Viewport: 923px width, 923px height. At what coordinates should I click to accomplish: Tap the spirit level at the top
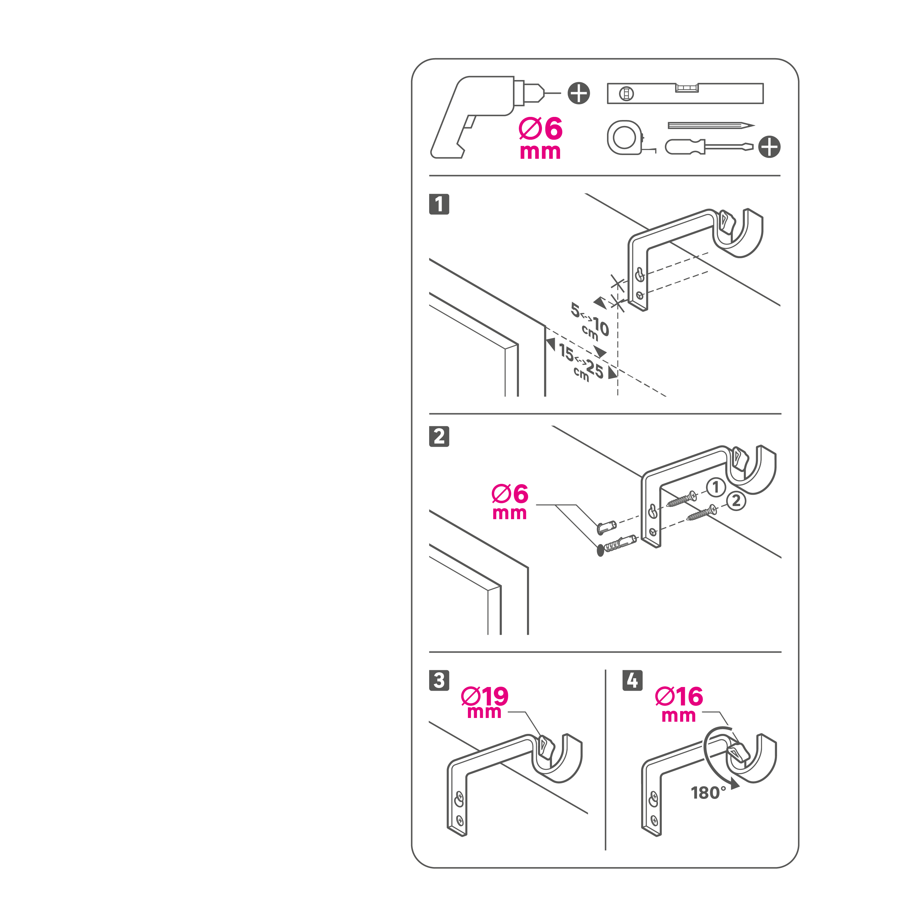(x=685, y=93)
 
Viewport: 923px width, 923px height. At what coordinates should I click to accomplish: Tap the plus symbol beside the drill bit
(x=579, y=93)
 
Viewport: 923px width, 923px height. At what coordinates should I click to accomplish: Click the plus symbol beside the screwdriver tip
(x=769, y=147)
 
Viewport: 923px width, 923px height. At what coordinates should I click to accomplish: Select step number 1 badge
(x=439, y=204)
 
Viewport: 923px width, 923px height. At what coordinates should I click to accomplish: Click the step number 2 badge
(x=439, y=436)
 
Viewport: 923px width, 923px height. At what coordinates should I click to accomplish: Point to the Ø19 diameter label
(x=484, y=703)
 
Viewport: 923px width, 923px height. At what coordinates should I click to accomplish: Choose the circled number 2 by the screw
(x=736, y=501)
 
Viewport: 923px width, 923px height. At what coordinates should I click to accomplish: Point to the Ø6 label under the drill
(x=540, y=138)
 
